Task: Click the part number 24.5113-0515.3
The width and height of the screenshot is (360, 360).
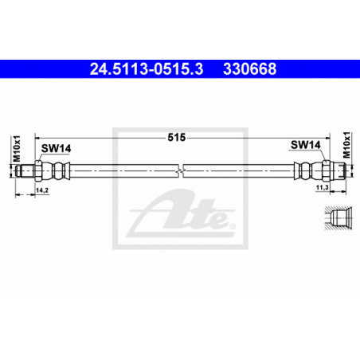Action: point(147,69)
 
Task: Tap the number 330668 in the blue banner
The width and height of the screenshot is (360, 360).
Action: point(250,69)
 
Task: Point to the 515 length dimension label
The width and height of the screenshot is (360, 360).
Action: point(177,138)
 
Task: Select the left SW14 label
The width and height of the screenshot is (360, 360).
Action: point(56,148)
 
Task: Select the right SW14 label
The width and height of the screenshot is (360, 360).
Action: point(306,145)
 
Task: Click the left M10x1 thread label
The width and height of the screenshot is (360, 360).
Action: point(17,148)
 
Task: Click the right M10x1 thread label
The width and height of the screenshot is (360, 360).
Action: point(346,145)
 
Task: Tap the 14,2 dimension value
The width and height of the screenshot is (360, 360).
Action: point(42,190)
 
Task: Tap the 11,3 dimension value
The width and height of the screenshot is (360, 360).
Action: point(323,187)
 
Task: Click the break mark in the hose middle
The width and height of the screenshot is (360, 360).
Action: point(182,170)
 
